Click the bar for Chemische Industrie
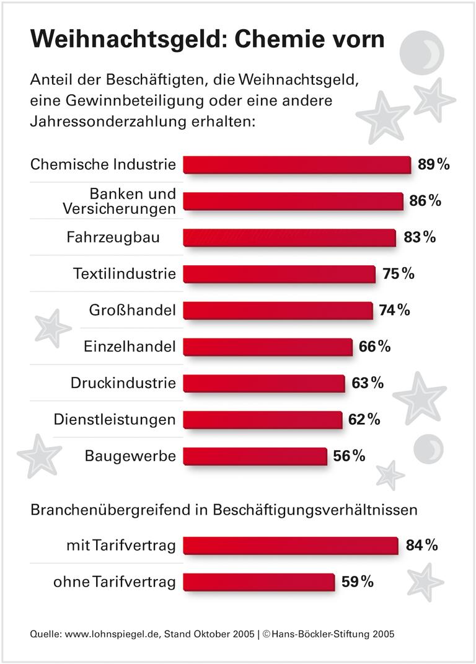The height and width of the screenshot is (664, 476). (297, 165)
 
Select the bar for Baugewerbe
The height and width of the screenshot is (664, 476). (255, 456)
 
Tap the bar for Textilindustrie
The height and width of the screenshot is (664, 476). (279, 274)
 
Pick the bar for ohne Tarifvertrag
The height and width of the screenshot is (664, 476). (258, 582)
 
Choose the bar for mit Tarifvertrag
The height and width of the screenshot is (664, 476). (291, 546)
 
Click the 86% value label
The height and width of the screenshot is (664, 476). (425, 201)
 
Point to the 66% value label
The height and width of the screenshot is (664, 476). (374, 347)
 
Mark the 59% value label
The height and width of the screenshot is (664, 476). (358, 582)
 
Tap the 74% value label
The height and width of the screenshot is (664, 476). (394, 310)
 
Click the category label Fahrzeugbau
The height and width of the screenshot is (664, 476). (113, 237)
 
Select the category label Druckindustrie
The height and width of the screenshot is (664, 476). (123, 383)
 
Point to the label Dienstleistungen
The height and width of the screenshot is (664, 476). (114, 420)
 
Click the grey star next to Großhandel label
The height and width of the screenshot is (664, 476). (51, 327)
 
